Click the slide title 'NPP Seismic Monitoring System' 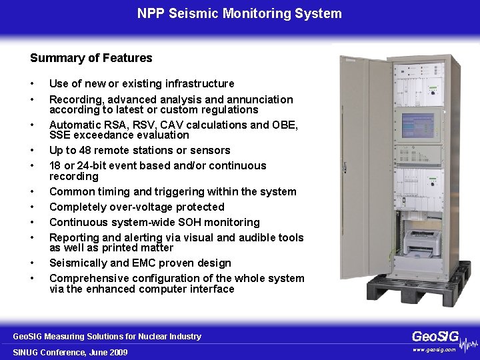pyautogui.click(x=239, y=13)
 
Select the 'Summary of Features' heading pyautogui.click(x=91, y=58)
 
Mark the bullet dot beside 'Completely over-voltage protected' pyautogui.click(x=32, y=207)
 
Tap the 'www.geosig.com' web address pyautogui.click(x=434, y=349)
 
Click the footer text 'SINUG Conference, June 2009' pyautogui.click(x=70, y=352)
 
